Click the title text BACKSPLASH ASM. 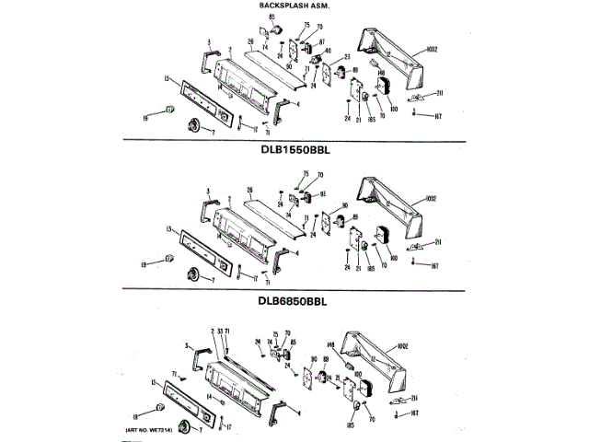pos(290,6)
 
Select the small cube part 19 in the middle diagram pos(168,257)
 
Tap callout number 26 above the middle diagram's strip pos(249,190)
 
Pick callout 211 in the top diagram pos(439,92)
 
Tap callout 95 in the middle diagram pos(323,194)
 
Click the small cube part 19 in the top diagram pos(169,112)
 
